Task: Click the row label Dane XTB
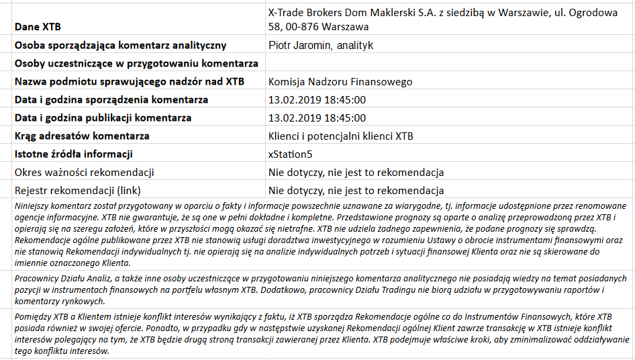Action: [38, 28]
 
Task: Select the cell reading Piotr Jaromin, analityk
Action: [320, 46]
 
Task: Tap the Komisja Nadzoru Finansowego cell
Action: [340, 82]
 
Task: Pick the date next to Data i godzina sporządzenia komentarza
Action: [317, 100]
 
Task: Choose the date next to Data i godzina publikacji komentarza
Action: [317, 118]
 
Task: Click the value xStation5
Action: [290, 154]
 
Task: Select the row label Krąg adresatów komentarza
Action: [82, 136]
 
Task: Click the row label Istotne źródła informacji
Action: [74, 154]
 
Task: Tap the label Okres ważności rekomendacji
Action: [85, 172]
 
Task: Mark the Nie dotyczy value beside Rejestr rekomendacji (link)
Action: [356, 190]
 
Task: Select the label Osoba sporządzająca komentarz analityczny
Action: [120, 46]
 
